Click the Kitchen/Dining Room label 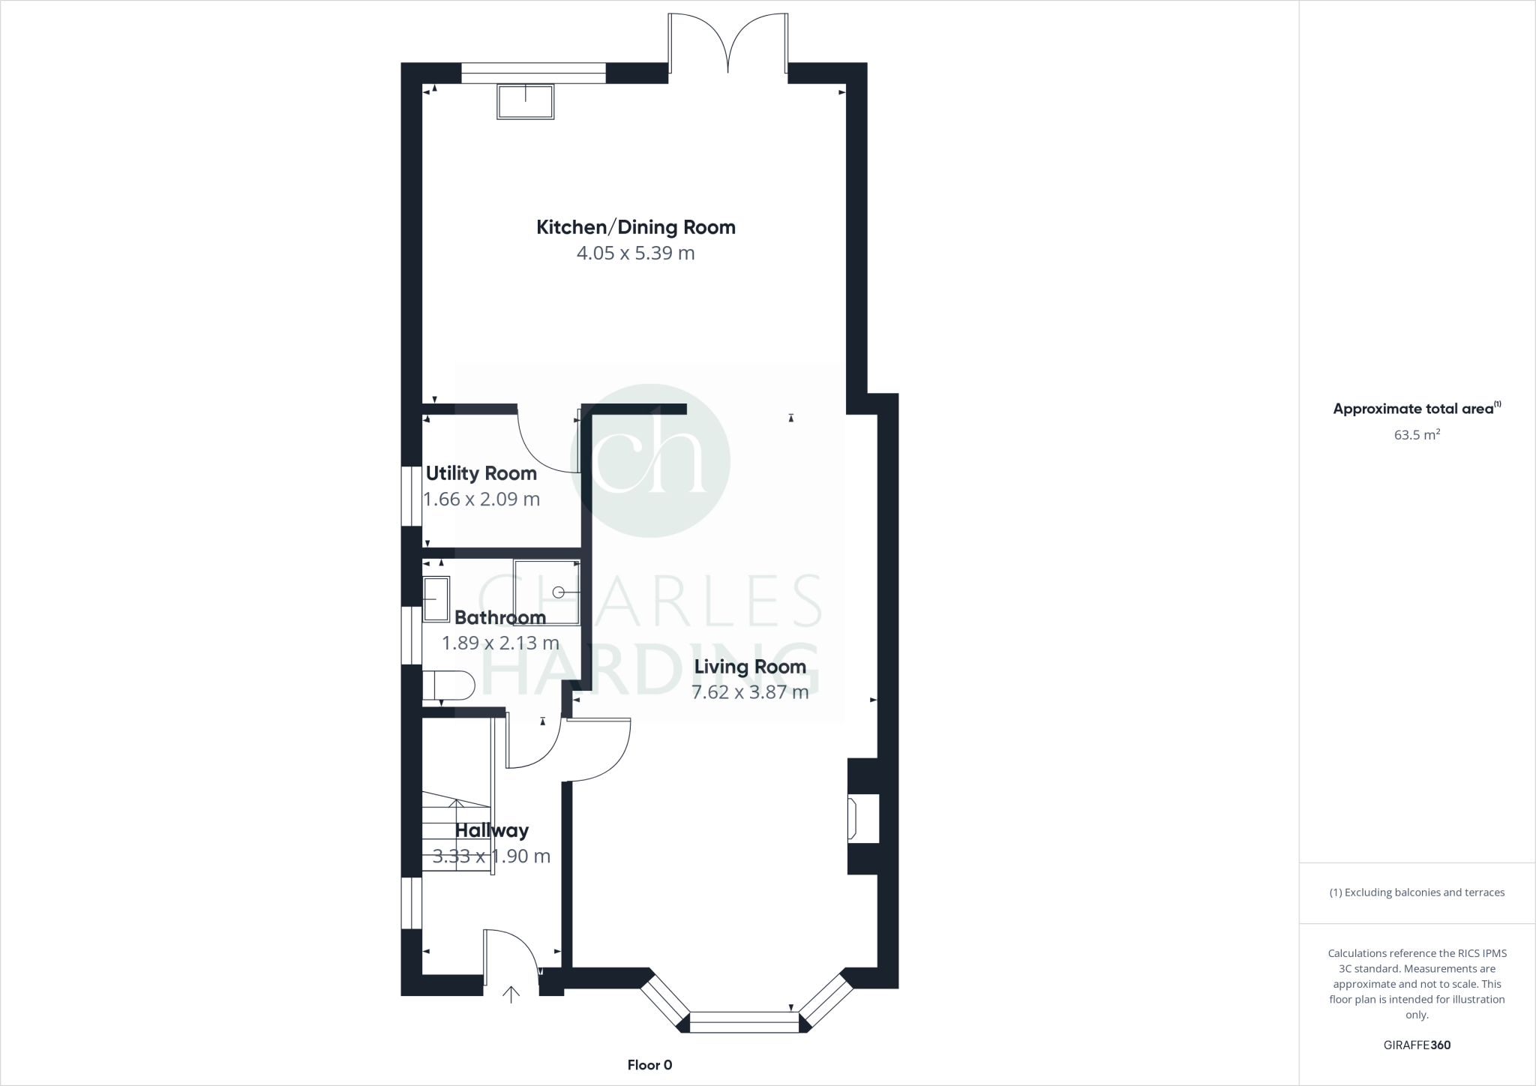(635, 227)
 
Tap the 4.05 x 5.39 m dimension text (635, 253)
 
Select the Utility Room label (481, 473)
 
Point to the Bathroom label (499, 617)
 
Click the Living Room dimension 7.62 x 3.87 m (749, 692)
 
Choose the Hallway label (491, 830)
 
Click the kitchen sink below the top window (525, 102)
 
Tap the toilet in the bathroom (448, 685)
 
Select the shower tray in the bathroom (547, 592)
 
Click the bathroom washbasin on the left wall (436, 598)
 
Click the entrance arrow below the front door (511, 995)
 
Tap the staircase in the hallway (456, 832)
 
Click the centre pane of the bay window (744, 1022)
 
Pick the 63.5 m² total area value (1416, 434)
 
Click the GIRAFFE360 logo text (1416, 1045)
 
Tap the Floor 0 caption (649, 1065)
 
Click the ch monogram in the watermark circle (649, 460)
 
